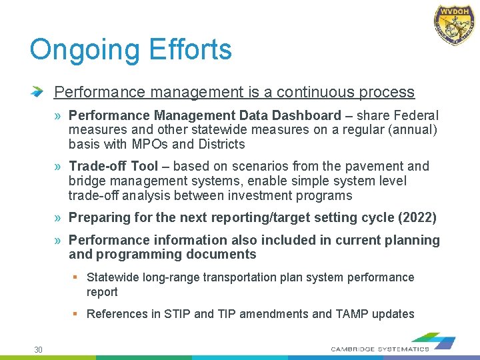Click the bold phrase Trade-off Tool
tap(113, 166)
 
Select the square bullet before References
tap(77, 313)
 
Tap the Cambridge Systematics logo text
tap(380, 349)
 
